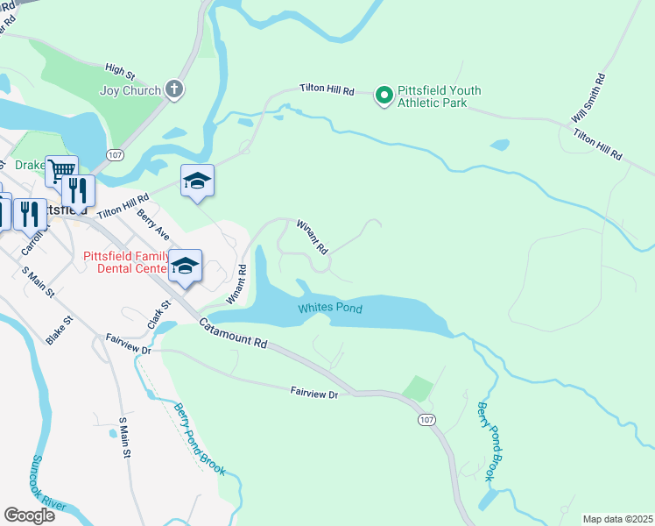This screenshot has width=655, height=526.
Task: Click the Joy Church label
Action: tap(130, 90)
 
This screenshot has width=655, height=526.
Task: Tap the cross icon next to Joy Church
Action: tap(174, 89)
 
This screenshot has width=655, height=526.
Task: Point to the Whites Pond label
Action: tap(329, 309)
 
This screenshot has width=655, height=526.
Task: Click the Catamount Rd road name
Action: tap(232, 334)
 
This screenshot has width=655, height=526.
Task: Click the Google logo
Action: tap(29, 515)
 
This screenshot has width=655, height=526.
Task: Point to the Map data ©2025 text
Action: tap(617, 519)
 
